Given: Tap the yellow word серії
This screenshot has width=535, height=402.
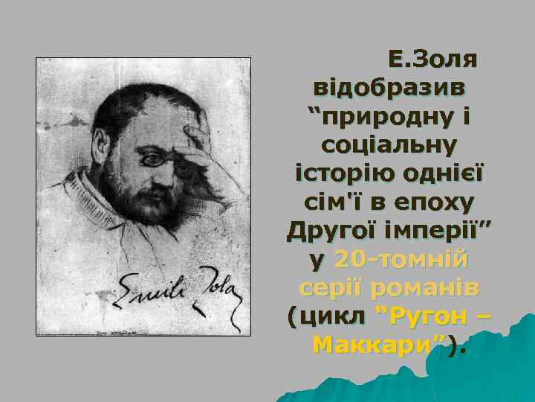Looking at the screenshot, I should pyautogui.click(x=331, y=287).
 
